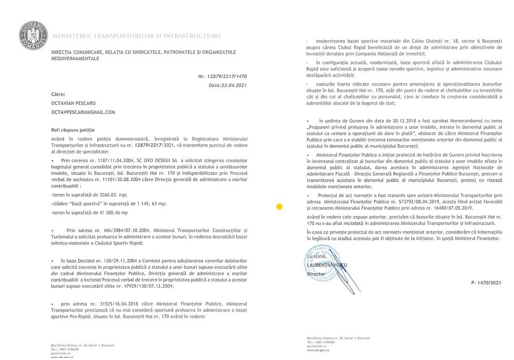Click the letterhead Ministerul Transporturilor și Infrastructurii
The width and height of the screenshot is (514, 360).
(x=137, y=36)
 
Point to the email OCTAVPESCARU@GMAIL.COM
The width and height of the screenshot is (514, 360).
(x=83, y=112)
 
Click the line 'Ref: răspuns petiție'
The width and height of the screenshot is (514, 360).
(x=73, y=130)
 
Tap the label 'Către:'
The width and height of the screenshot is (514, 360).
(x=59, y=95)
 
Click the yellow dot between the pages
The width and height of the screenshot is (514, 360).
(x=279, y=207)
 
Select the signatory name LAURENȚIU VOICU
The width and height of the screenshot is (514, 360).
(x=327, y=265)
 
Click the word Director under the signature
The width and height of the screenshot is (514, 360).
(x=316, y=274)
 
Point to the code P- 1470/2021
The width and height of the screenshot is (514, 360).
(x=486, y=283)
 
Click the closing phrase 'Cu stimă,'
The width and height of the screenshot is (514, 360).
(x=318, y=256)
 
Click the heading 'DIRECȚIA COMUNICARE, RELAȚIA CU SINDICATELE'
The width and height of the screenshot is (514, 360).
(x=143, y=52)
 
